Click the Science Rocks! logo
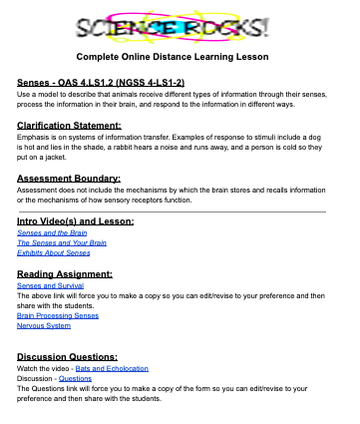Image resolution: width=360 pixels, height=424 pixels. click(x=180, y=24)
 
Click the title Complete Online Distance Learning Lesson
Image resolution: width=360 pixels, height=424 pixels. click(x=180, y=57)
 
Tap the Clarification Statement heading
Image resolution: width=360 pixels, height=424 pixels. click(x=69, y=125)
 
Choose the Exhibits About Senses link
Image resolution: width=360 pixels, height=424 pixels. click(x=54, y=253)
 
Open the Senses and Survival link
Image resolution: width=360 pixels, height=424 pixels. click(x=49, y=285)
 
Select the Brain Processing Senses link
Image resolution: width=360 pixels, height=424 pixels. click(x=58, y=315)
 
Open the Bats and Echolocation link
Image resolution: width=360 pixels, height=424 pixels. click(x=131, y=369)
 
